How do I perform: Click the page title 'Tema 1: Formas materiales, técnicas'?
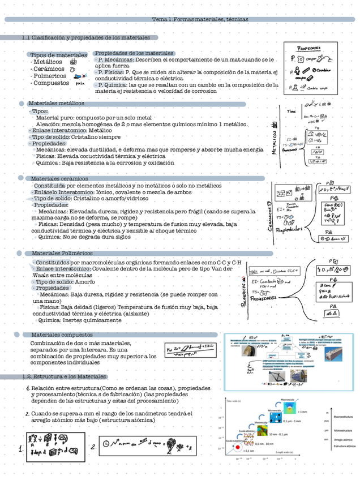200,19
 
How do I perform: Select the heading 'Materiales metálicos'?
56,104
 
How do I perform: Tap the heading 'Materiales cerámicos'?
59,179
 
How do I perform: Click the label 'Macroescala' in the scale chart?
288,400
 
